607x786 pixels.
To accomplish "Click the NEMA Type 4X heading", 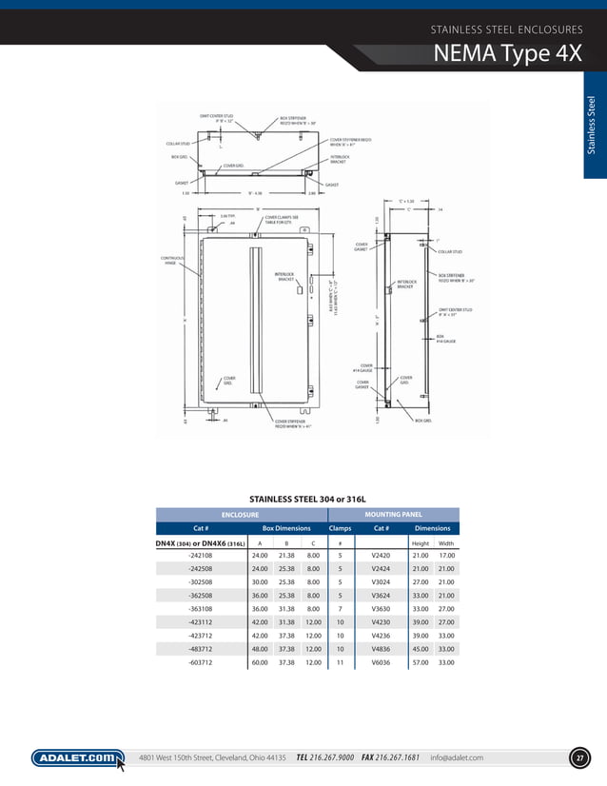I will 507,54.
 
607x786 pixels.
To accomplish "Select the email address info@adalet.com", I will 456,757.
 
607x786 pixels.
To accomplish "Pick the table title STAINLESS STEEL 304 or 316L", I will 307,498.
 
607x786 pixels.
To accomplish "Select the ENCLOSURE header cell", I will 241,514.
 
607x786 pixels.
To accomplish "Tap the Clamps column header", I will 340,528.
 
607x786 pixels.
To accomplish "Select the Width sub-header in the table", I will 445,542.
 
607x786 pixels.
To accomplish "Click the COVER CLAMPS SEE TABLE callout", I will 282,218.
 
